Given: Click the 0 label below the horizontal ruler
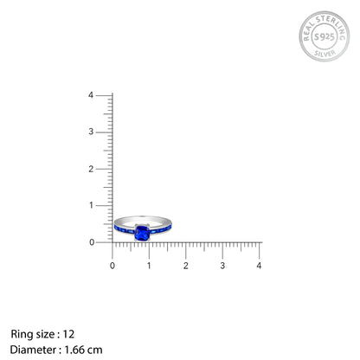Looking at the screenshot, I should pyautogui.click(x=112, y=266).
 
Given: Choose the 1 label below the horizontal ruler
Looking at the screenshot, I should pyautogui.click(x=149, y=266).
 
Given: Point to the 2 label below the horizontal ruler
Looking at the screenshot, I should pyautogui.click(x=186, y=266).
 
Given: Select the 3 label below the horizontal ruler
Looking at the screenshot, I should pyautogui.click(x=222, y=266).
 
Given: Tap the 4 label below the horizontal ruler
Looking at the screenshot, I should pyautogui.click(x=260, y=266).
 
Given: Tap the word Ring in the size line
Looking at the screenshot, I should pyautogui.click(x=21, y=334).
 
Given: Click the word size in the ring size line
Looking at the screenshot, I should pyautogui.click(x=45, y=334).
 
